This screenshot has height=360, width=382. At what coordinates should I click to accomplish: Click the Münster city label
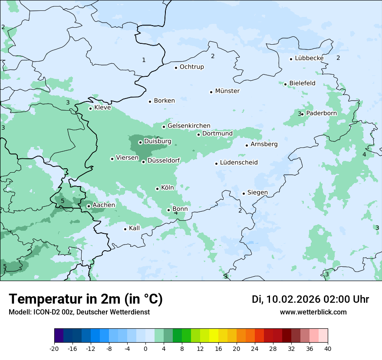(x=227, y=91)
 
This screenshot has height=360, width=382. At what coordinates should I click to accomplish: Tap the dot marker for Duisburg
(x=140, y=142)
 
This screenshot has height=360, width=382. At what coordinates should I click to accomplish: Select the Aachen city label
(x=104, y=205)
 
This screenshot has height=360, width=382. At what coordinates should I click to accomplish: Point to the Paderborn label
(x=321, y=113)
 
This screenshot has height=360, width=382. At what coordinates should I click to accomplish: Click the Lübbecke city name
(x=309, y=58)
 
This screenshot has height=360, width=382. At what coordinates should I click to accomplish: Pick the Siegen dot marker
(x=244, y=193)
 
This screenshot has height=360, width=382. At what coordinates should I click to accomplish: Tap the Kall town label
(x=134, y=228)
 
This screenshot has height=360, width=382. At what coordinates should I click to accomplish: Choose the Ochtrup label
(x=191, y=67)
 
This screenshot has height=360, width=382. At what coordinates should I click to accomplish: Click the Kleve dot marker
(x=90, y=108)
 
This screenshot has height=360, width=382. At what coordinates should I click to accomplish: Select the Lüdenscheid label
(x=239, y=163)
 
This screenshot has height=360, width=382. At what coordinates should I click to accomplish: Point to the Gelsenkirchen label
(x=189, y=126)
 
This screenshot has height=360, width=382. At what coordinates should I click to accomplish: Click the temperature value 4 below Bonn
(x=176, y=213)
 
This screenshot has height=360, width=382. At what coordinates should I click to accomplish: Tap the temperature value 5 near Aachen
(x=63, y=201)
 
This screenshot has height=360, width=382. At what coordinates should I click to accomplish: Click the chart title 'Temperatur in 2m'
(x=86, y=299)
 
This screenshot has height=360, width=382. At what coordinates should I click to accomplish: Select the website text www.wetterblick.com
(x=313, y=312)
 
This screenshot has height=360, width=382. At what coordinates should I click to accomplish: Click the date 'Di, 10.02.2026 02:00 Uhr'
(x=310, y=299)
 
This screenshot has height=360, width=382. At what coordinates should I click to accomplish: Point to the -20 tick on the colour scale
(x=54, y=348)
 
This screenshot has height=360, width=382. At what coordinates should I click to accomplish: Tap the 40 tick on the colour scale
(x=328, y=348)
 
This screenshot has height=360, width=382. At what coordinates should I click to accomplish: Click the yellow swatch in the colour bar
(x=214, y=336)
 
